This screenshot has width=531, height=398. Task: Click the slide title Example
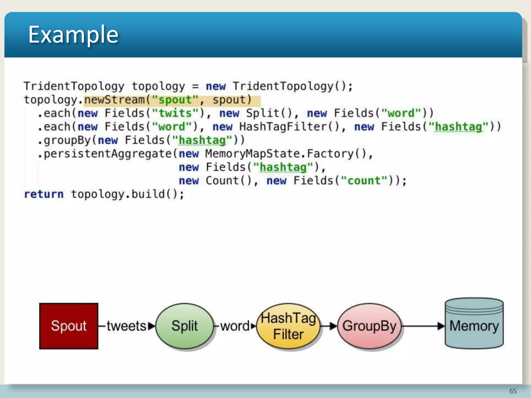73,34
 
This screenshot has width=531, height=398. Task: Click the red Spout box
69,326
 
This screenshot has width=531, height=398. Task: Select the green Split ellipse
184,326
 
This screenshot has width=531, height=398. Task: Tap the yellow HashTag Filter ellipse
288,326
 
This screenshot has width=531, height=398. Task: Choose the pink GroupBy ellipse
369,326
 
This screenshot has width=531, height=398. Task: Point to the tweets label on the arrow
127,326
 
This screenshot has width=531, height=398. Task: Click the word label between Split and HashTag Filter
235,326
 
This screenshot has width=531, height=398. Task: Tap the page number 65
513,391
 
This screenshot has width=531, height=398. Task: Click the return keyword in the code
44,194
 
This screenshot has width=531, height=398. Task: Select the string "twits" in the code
175,113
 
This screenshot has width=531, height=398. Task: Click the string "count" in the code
364,181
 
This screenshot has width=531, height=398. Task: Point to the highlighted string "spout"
175,100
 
